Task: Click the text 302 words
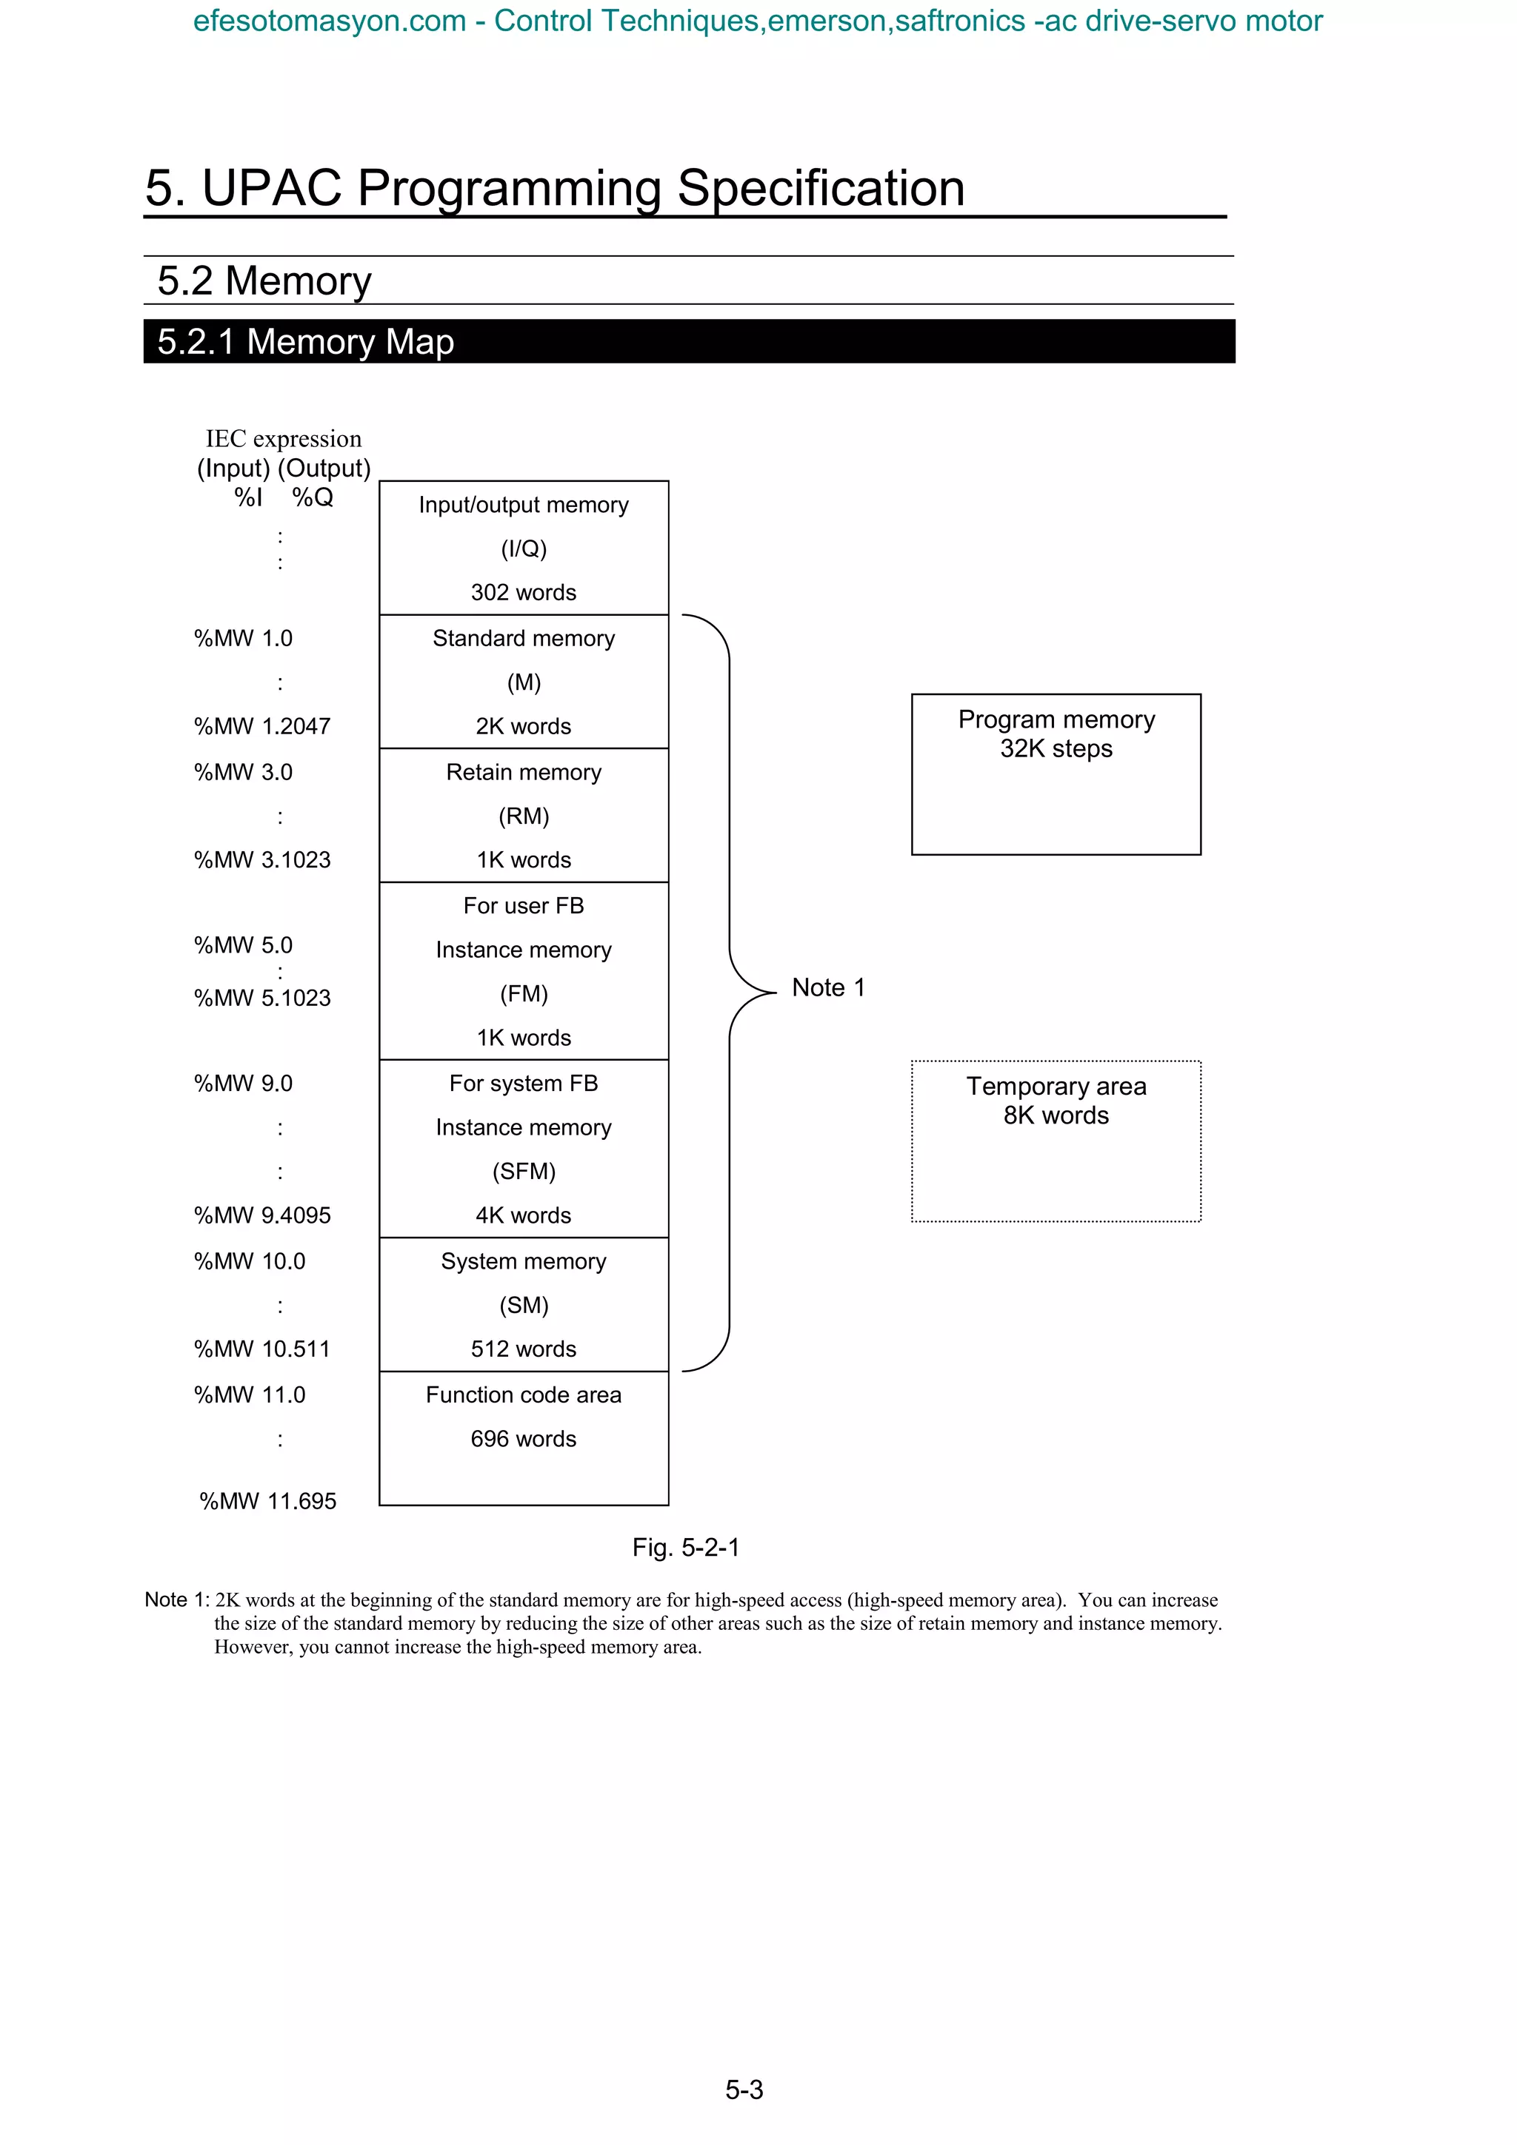(524, 592)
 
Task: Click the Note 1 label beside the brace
(828, 987)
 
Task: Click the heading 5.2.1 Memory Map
(306, 342)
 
